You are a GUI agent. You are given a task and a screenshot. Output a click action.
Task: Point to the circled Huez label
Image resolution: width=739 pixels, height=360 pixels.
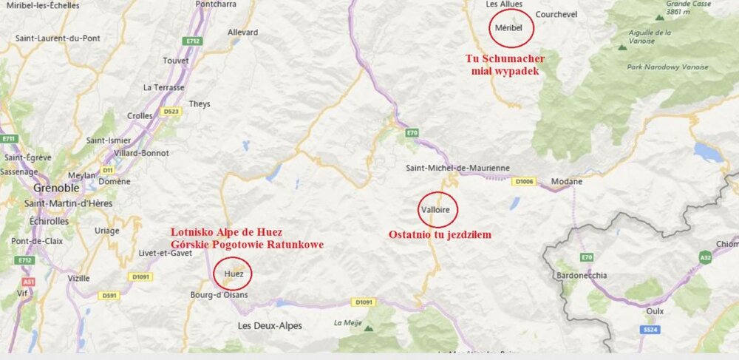(x=233, y=274)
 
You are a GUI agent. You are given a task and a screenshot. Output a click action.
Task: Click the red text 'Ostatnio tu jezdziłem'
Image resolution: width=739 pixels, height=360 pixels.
(x=440, y=235)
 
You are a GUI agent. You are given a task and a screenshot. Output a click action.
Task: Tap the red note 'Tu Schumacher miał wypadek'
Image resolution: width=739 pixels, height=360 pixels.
(x=505, y=65)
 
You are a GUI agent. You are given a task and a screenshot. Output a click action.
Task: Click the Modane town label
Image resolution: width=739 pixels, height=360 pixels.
(x=567, y=182)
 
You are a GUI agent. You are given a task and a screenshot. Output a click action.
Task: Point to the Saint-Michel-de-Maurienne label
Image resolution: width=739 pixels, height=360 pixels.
(x=458, y=169)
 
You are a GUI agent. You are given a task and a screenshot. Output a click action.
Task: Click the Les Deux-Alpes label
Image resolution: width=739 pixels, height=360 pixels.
(x=270, y=326)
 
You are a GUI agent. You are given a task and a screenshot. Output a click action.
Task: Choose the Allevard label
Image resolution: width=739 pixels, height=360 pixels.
(x=243, y=33)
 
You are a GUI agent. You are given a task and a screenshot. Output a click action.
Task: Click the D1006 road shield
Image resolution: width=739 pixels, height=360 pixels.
(x=524, y=180)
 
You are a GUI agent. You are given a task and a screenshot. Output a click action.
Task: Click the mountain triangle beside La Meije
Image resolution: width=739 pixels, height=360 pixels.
(x=368, y=328)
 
